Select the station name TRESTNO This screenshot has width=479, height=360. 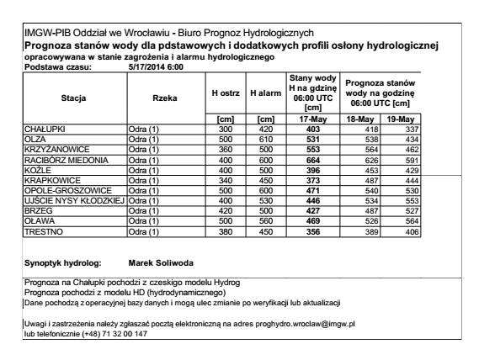tap(40, 230)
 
